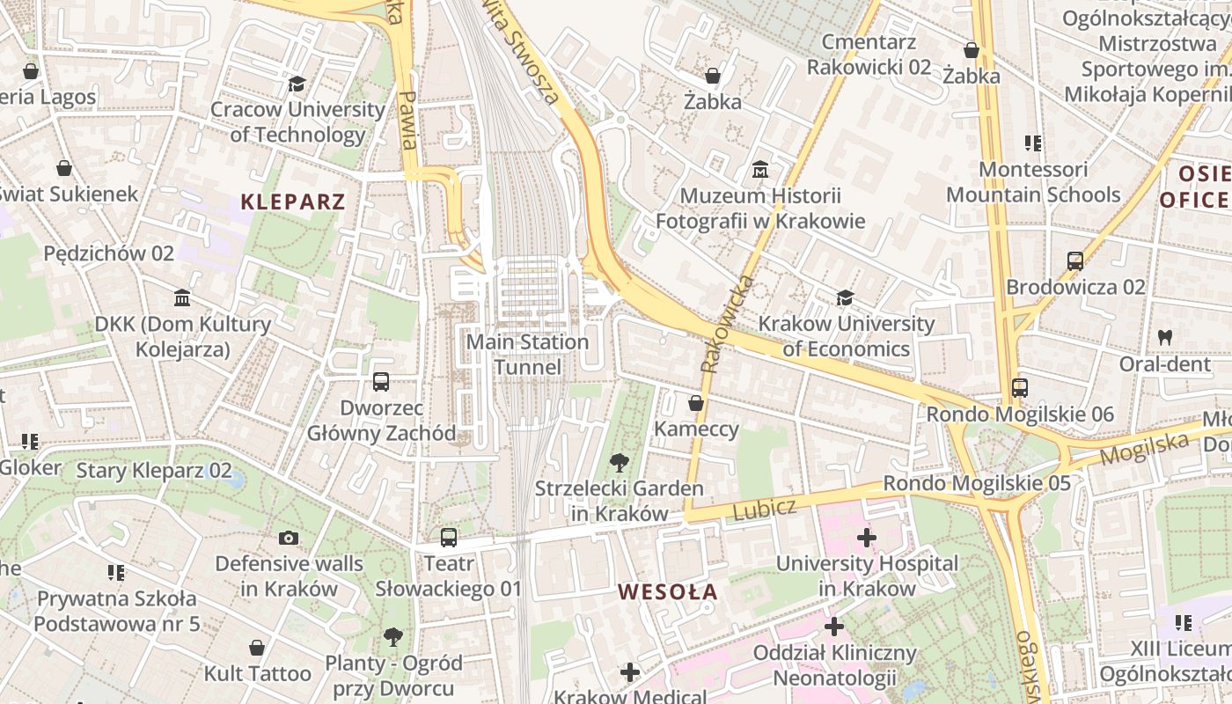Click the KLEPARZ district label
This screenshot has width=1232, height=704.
tap(293, 202)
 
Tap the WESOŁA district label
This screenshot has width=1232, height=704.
tap(667, 592)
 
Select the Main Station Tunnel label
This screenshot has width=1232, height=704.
tap(527, 354)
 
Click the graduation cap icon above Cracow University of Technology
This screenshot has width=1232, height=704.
tap(297, 84)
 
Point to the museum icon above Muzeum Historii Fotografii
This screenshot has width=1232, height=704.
tap(760, 168)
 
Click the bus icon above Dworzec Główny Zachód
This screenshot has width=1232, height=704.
tap(381, 382)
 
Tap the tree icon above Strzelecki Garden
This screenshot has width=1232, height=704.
tap(620, 462)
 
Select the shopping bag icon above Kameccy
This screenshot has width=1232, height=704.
tap(696, 403)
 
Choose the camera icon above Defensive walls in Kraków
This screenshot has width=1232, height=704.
tap(288, 538)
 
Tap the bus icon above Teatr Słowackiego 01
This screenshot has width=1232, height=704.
tap(449, 537)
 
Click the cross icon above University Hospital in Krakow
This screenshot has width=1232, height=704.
tap(867, 537)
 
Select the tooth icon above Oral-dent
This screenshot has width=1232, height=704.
tap(1165, 337)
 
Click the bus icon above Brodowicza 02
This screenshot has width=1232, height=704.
tap(1074, 260)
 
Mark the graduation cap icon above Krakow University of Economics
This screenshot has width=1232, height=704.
tap(846, 297)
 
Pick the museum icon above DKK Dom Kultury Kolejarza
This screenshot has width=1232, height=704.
tap(182, 297)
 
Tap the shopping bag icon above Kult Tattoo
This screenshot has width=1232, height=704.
tap(257, 648)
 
